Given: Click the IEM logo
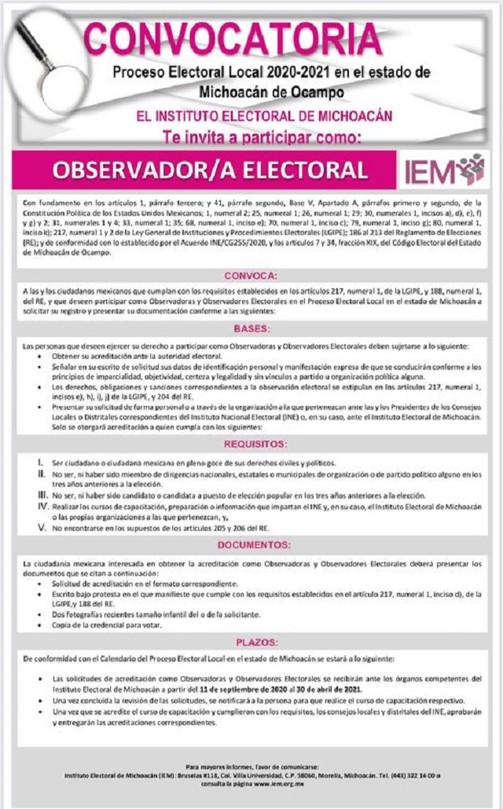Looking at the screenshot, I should [x=443, y=170].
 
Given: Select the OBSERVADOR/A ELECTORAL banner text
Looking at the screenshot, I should [x=210, y=170].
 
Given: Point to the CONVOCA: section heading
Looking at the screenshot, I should [x=250, y=276].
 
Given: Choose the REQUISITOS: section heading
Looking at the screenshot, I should [x=250, y=445].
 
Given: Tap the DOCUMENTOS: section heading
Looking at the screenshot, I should [x=250, y=544].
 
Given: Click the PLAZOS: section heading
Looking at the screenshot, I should [x=250, y=642].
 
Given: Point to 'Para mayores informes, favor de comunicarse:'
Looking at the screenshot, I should [x=251, y=766].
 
